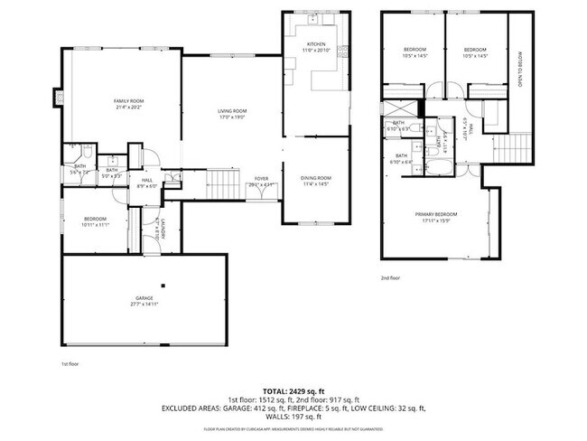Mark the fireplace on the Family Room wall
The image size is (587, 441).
[59, 97]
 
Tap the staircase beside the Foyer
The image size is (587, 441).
[222, 186]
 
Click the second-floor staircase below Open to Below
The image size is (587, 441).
[512, 146]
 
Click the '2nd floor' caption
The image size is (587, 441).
[390, 278]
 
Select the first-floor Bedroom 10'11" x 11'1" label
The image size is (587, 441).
[95, 221]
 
